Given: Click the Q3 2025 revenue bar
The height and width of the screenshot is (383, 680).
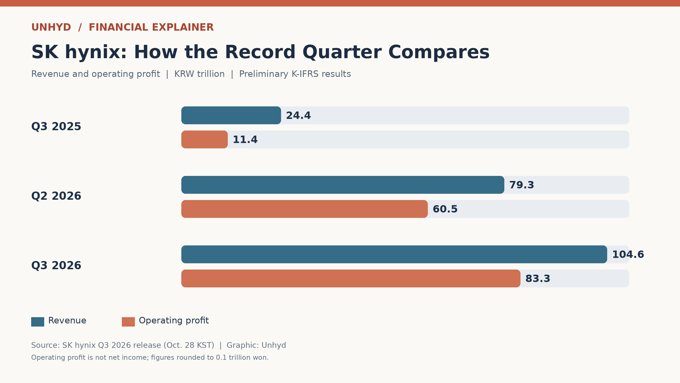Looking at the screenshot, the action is (231, 115).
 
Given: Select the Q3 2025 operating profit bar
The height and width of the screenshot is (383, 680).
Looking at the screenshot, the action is (205, 139).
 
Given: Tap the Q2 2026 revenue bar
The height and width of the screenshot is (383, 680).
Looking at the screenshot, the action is (343, 185).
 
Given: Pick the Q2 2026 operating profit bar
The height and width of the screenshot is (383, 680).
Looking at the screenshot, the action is (305, 209).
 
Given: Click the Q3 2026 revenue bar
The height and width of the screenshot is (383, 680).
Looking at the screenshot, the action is (394, 254).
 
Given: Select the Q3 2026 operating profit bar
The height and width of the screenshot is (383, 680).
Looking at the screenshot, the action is (351, 278).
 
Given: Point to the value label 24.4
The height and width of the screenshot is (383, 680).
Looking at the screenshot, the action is (298, 115).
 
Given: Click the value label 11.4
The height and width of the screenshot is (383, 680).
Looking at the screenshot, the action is (245, 140).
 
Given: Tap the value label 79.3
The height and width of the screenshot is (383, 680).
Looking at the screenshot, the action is (522, 185).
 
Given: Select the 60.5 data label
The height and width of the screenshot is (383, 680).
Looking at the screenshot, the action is (445, 209).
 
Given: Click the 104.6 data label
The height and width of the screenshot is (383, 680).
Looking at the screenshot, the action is (628, 254).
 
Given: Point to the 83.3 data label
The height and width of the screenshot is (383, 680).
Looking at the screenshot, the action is (538, 279).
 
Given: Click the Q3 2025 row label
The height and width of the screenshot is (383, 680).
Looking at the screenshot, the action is (56, 127).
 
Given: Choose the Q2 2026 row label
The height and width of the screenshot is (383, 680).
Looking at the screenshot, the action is (56, 196).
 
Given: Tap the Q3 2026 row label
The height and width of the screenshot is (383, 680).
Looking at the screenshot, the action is (56, 266).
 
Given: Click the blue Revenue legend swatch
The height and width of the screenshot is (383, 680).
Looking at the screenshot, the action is (38, 322).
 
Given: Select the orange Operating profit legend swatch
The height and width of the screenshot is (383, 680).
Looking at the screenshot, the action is (128, 322).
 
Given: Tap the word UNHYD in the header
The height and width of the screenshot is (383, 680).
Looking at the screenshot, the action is (51, 28).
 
